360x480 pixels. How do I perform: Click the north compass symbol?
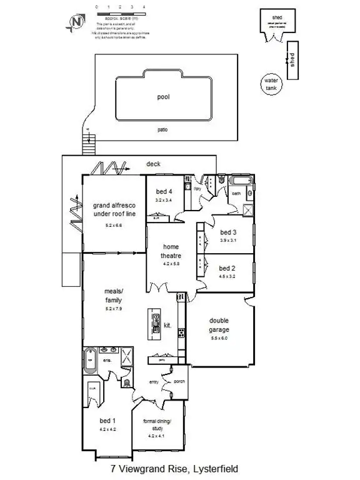77,22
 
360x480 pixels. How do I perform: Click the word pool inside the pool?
164,97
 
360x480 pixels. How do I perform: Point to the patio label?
163,130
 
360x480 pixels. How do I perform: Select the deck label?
153,164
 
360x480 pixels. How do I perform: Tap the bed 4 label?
164,191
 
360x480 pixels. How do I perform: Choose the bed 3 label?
228,231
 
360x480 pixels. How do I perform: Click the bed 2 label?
227,267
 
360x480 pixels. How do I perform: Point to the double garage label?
219,326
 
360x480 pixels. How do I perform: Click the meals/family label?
113,294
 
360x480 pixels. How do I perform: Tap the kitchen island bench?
154,325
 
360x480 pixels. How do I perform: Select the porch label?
179,381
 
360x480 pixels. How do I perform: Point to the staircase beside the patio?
88,140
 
